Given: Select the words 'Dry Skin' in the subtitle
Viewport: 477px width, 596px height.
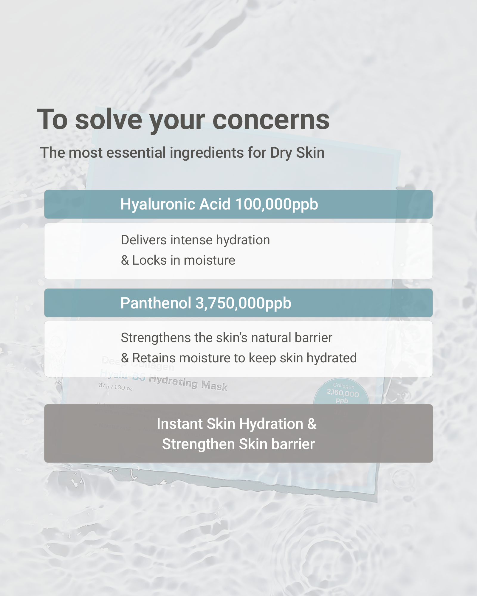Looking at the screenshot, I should [x=297, y=153].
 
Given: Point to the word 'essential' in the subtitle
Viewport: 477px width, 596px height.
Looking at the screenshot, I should [x=136, y=153].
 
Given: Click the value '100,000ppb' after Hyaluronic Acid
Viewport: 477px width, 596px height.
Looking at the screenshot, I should [x=276, y=204].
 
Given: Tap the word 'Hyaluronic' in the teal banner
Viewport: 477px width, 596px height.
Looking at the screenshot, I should [x=158, y=204].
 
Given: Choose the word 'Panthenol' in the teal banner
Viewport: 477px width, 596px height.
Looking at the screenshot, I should [x=156, y=303].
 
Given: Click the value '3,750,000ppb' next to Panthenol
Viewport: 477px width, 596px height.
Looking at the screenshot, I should [x=243, y=303].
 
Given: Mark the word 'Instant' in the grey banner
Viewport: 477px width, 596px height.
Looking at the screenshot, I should [x=180, y=424].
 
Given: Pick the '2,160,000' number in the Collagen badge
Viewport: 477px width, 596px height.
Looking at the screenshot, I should [x=343, y=393].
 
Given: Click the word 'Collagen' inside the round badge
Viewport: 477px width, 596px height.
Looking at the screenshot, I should [x=344, y=386].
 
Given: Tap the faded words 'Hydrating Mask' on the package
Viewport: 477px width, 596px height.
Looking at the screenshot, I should [x=188, y=383].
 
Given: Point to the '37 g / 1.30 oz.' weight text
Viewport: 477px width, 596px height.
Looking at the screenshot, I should [x=116, y=387].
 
